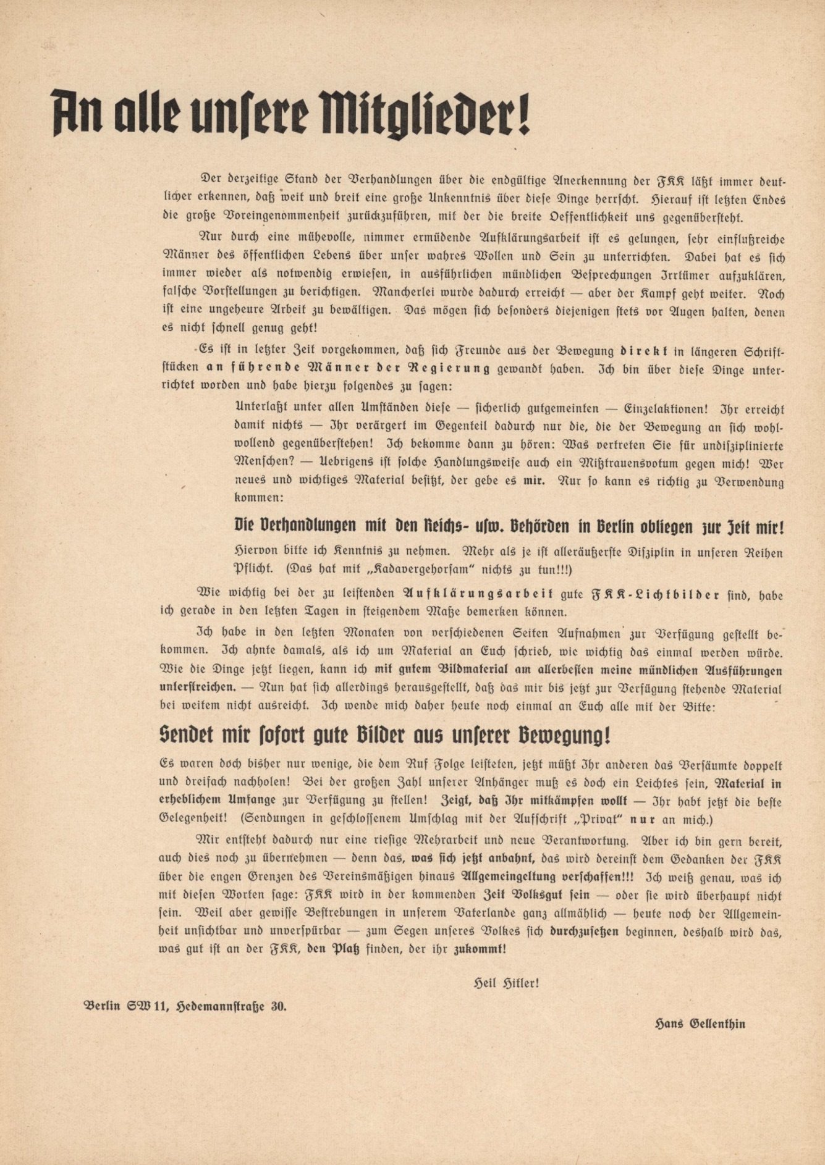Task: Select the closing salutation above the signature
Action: (x=504, y=983)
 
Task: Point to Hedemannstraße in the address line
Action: (x=221, y=1005)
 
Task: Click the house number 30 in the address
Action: (x=279, y=1005)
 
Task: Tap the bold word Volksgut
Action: (x=543, y=895)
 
